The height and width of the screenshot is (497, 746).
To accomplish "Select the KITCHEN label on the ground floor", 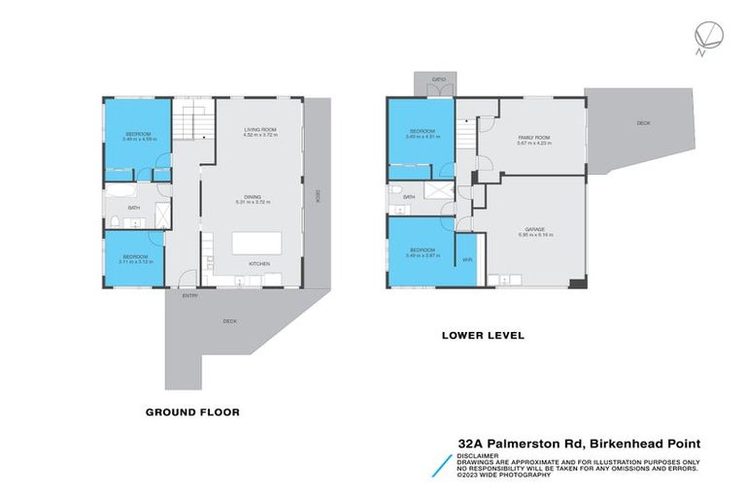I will coord(258,264).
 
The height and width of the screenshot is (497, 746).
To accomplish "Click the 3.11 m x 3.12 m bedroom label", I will coord(135,259).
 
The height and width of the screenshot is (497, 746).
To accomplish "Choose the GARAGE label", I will coord(535,231).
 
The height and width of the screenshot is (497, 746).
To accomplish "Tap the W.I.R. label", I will coord(466,260).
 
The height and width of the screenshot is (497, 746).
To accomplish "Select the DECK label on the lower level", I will coord(643,123).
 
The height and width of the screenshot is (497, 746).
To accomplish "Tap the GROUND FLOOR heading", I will coord(192,412).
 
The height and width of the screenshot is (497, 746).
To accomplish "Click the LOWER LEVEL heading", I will coord(483,335).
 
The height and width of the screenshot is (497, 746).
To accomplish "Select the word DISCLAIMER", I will coord(479,454).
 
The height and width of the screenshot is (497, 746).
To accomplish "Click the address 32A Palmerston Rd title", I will coord(579,444).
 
